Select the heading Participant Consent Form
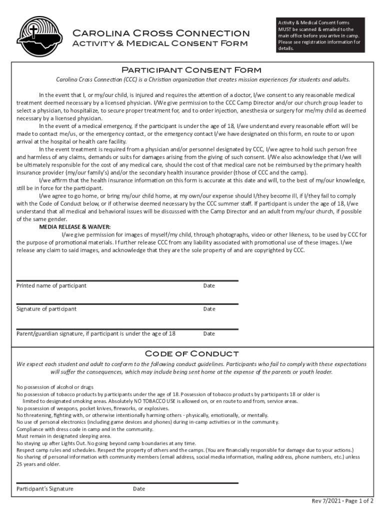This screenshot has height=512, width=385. (x=192, y=70)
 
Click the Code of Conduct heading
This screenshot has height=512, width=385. (x=192, y=353)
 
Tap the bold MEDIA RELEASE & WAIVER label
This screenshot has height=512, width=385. (x=75, y=226)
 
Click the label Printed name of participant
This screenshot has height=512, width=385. (x=51, y=285)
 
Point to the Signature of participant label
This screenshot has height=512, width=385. (x=46, y=309)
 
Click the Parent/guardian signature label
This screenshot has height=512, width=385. (x=96, y=333)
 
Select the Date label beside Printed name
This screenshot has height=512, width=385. (x=209, y=285)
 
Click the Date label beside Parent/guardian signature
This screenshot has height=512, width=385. (x=209, y=333)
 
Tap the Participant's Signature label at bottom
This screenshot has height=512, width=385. (x=45, y=488)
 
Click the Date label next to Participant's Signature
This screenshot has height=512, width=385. (x=139, y=488)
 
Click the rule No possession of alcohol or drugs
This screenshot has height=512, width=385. (x=55, y=387)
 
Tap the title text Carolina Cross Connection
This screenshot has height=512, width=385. (x=161, y=33)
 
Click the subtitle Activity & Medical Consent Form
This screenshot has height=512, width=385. (x=160, y=43)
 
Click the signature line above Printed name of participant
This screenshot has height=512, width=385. (x=127, y=280)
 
